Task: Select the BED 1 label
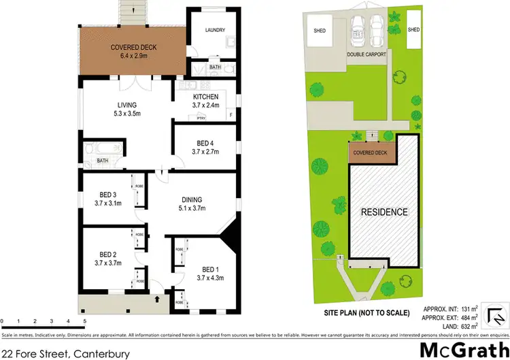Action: pos(210,268)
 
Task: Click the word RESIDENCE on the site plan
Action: pos(384,212)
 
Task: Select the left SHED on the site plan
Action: pos(320,31)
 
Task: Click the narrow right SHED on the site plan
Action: pos(414,30)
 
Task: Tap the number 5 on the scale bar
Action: pos(84,321)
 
